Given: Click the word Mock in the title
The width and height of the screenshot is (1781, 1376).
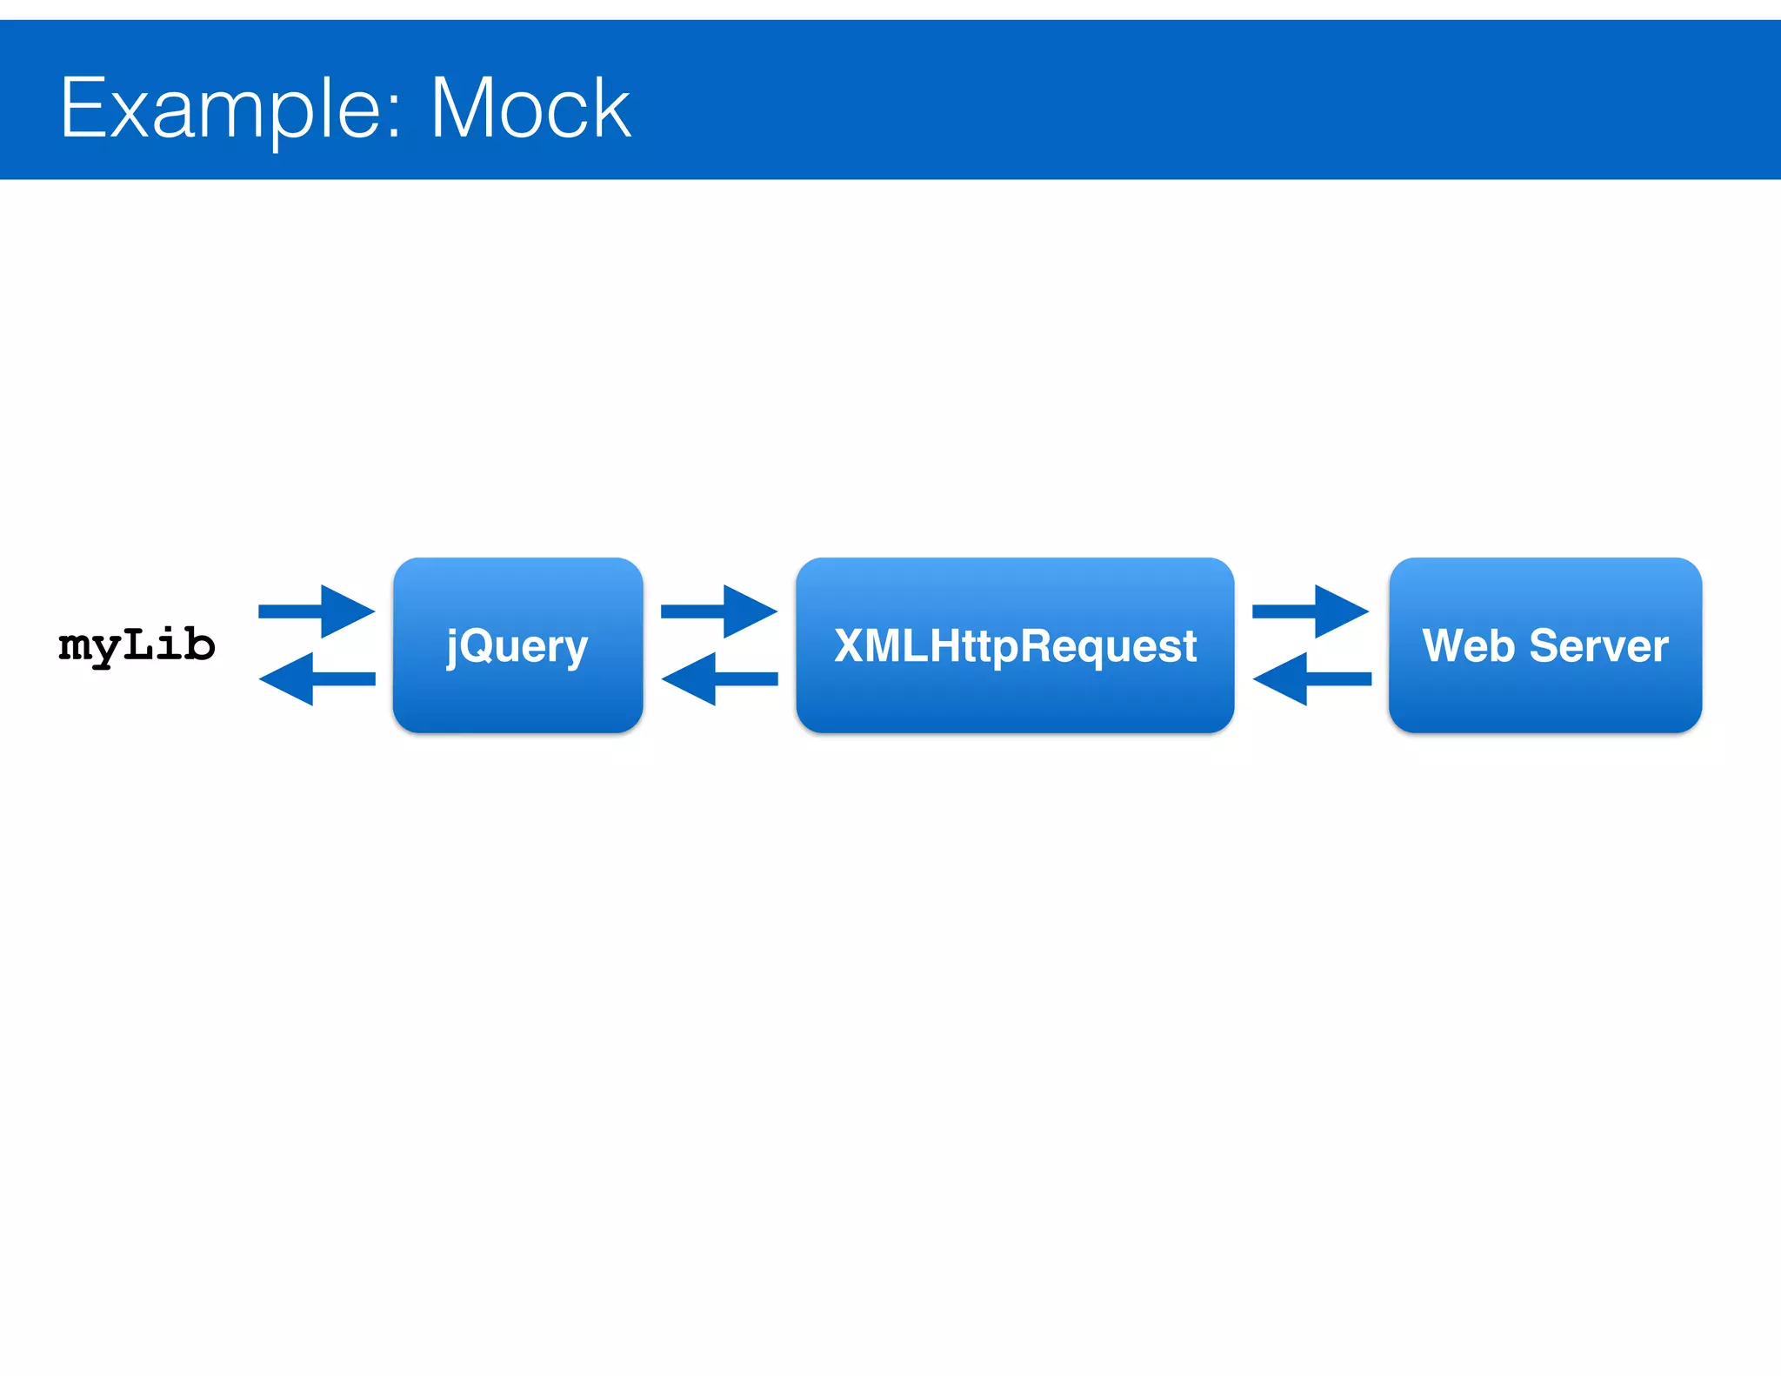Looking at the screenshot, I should tap(530, 109).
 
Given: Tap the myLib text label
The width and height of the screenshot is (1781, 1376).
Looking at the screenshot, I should tap(137, 645).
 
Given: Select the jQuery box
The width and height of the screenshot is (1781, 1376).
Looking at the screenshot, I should tap(517, 645).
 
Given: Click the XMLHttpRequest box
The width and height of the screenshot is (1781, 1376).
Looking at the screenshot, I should tap(1015, 645).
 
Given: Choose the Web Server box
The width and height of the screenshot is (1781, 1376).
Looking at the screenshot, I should tap(1545, 645).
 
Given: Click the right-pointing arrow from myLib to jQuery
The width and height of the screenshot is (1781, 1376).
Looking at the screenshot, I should tap(318, 611).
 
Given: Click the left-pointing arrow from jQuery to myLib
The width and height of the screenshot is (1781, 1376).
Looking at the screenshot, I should tap(317, 678).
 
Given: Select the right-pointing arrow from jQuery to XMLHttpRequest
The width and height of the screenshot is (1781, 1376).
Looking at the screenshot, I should tap(721, 611).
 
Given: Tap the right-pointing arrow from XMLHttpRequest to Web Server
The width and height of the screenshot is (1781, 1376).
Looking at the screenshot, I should tap(1312, 611).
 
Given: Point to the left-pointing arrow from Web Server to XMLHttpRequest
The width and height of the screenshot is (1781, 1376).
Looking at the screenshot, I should tap(1311, 678).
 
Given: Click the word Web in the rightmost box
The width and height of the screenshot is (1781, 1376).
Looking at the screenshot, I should tap(1468, 645).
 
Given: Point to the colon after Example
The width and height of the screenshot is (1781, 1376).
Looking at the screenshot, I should tap(393, 117).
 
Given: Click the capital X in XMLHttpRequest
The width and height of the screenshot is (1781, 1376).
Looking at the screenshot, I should tap(850, 645).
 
